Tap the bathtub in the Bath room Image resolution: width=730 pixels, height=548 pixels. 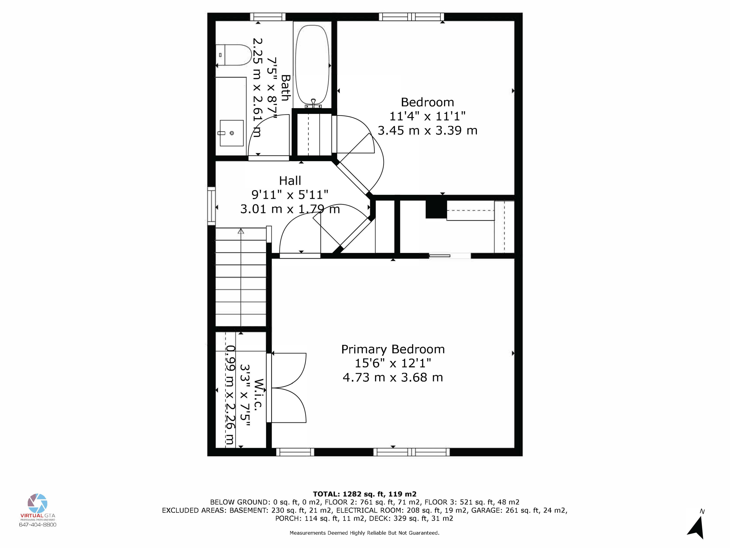click(312, 64)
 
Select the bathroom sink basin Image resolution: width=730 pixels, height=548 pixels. click(231, 133)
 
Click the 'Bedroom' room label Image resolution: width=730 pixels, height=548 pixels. click(427, 102)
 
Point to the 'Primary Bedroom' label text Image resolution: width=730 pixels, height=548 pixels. click(393, 349)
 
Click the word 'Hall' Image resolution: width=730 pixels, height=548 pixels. click(290, 181)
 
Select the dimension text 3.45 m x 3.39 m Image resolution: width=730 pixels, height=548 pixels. click(427, 131)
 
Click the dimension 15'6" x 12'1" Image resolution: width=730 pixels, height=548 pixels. click(393, 363)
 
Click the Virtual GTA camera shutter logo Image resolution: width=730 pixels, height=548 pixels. click(37, 503)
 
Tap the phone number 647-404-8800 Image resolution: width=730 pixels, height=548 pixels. click(37, 524)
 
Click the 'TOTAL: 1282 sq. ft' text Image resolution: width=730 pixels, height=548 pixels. click(364, 494)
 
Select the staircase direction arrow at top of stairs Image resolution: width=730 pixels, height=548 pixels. click(241, 232)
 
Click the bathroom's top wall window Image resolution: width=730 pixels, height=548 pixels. click(268, 17)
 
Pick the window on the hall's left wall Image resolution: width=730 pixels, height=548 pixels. click(211, 206)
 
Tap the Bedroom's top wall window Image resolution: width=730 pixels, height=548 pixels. click(411, 17)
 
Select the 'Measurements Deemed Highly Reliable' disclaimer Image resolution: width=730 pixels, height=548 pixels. click(364, 533)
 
